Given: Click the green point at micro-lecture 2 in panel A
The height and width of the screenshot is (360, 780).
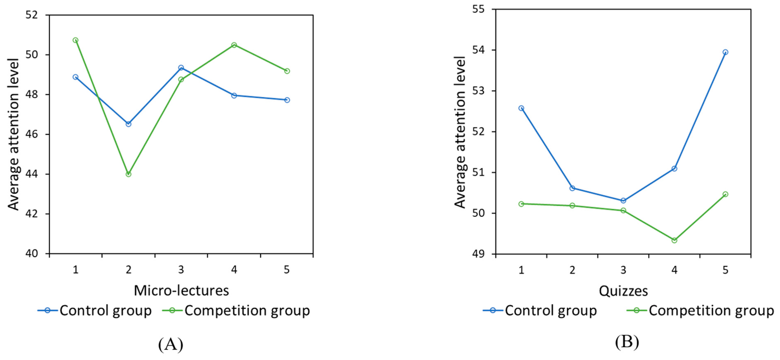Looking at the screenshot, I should pyautogui.click(x=128, y=174).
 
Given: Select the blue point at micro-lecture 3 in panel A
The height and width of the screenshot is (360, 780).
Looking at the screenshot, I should pyautogui.click(x=181, y=68).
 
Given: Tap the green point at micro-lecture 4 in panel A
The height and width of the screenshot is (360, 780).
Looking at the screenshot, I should pyautogui.click(x=234, y=45).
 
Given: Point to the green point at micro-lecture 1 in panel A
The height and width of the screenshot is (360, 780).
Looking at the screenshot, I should pyautogui.click(x=75, y=40).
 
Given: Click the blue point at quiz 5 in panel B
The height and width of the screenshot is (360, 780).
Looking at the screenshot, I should pyautogui.click(x=725, y=52).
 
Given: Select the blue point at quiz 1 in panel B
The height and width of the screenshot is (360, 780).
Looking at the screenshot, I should pyautogui.click(x=521, y=108).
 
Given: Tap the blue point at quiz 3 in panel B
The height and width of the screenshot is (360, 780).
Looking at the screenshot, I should pyautogui.click(x=623, y=200).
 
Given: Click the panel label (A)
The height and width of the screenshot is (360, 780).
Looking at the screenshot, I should pyautogui.click(x=171, y=344).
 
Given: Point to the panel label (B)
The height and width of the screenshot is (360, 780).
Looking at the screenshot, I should pyautogui.click(x=627, y=342).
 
